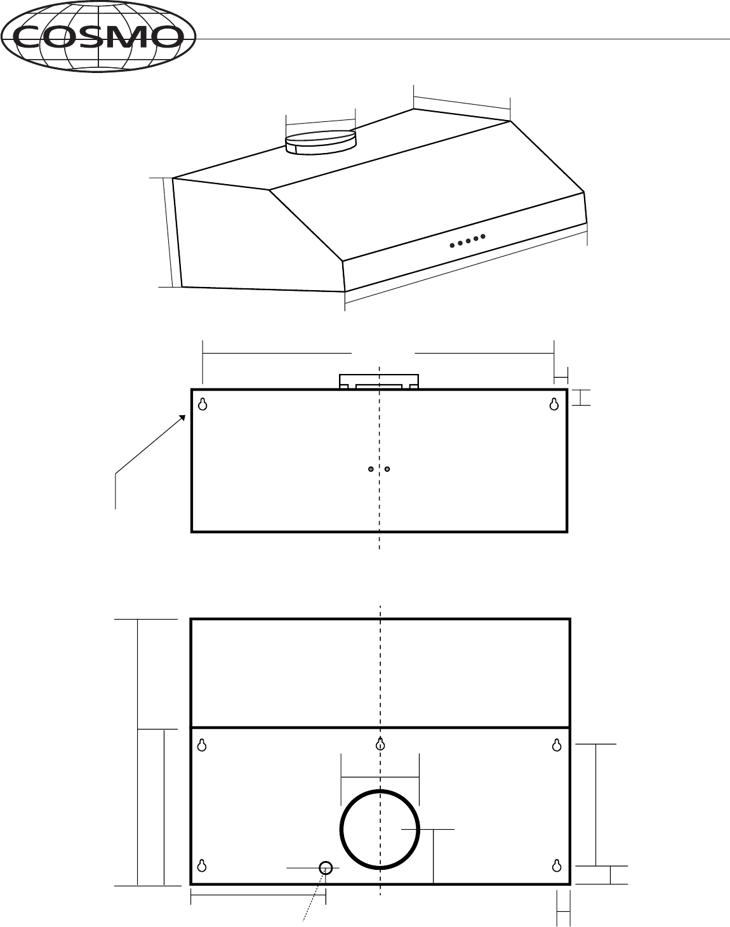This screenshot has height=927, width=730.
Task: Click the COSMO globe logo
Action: pyautogui.click(x=98, y=36)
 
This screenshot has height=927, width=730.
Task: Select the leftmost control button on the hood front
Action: pyautogui.click(x=452, y=246)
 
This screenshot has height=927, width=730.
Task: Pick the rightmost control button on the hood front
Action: pyautogui.click(x=483, y=236)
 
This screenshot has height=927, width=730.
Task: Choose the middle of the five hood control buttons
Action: pyautogui.click(x=468, y=241)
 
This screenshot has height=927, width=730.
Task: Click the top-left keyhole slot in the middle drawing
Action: pyautogui.click(x=202, y=404)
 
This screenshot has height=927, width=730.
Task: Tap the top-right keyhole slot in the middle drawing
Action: pyautogui.click(x=554, y=404)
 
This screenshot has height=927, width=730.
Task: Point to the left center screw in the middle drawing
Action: pyautogui.click(x=371, y=469)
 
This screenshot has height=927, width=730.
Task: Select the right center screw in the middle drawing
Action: pyautogui.click(x=387, y=469)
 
